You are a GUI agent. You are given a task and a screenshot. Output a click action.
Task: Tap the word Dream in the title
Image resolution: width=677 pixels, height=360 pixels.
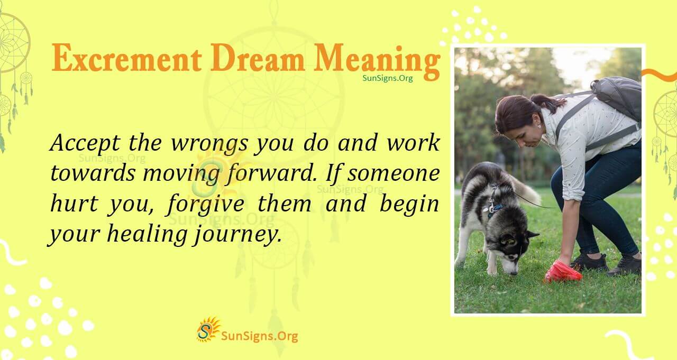coord(258,59)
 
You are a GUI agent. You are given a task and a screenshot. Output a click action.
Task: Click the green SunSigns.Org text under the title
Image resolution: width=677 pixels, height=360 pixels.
coord(388,78)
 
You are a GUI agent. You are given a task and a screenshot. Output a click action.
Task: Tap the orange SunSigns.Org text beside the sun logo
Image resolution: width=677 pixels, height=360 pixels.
coord(259,336)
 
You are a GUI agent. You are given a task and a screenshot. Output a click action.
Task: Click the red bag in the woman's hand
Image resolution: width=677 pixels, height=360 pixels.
coord(562,272)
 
